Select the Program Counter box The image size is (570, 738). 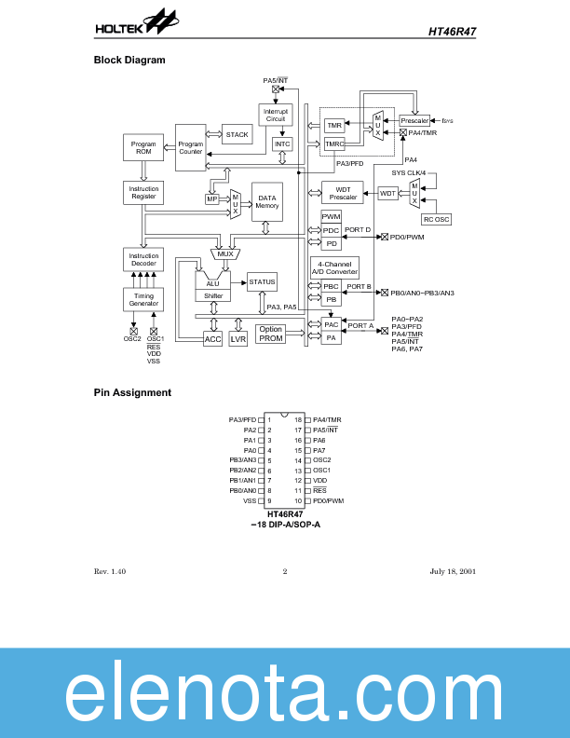191,147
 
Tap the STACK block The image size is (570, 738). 237,135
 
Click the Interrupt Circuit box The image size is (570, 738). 275,116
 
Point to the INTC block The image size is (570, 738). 282,144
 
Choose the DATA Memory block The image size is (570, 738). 267,201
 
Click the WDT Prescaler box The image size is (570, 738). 342,193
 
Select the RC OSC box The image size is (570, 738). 435,219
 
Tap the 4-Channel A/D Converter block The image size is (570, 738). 334,267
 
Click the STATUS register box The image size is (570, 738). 262,281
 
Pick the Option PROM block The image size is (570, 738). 271,334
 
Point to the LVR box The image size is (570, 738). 238,339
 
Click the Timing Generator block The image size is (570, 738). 142,299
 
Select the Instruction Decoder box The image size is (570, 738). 142,259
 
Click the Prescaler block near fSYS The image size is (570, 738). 414,121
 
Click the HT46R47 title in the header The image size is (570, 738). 453,31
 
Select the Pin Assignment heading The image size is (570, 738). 132,392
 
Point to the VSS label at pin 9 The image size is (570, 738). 250,500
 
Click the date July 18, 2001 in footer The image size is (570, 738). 453,571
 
